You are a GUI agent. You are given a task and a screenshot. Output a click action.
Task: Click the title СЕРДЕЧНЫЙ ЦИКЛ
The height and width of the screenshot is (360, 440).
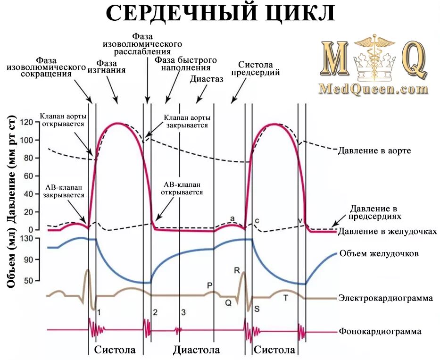coord(220,14)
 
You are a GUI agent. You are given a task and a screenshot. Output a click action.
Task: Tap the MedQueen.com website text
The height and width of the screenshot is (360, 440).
coord(373,88)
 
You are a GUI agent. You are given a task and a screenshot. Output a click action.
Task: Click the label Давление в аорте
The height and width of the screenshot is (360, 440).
coord(374,151)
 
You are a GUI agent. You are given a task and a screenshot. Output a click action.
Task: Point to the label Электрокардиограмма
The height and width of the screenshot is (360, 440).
coord(386,298)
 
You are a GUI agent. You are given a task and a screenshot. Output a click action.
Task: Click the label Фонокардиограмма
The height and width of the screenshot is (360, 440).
coord(380,331)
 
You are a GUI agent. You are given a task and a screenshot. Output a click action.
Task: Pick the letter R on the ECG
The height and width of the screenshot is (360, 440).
coord(237,270)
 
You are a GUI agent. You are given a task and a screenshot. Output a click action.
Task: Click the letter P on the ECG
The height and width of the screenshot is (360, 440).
coord(210,285)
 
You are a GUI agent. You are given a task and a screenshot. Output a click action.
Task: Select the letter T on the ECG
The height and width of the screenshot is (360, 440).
coord(285,298)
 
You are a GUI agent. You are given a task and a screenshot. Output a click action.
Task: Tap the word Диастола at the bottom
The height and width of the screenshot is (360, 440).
coord(196,350)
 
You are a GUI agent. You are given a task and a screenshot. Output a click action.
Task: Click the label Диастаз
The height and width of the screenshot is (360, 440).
coord(207,79)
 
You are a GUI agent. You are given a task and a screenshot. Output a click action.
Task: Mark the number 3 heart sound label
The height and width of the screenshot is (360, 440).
coord(183,312)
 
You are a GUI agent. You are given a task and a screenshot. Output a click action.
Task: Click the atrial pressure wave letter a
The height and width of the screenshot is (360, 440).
coord(232,218)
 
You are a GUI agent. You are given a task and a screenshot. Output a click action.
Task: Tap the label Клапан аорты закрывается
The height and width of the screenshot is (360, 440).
coord(186,121)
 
